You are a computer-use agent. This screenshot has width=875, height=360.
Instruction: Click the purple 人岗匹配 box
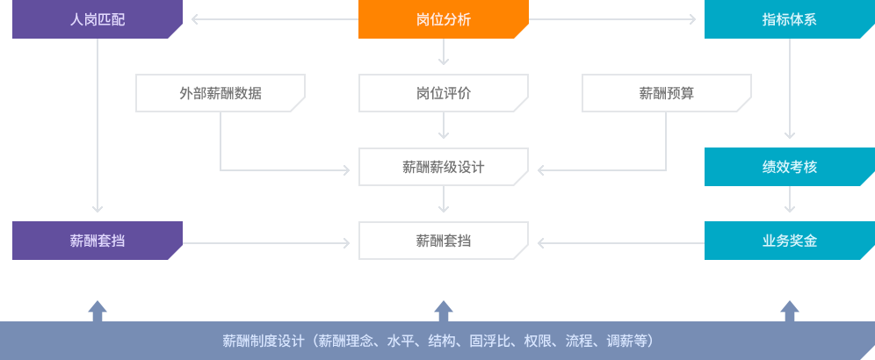(97, 19)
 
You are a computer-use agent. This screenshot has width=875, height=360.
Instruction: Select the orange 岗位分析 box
(444, 19)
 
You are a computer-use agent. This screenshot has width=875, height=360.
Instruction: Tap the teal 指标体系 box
(789, 19)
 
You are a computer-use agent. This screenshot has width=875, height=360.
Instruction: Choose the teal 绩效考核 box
(789, 166)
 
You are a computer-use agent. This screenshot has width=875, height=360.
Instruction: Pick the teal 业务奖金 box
(789, 240)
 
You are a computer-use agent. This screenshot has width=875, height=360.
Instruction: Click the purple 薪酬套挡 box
(97, 240)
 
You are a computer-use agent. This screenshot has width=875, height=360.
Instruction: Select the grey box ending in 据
(221, 93)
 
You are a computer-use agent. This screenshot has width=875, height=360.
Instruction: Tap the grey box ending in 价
(444, 93)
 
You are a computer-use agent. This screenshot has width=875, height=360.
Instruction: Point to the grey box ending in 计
(444, 166)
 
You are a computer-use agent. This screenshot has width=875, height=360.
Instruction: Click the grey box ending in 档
(444, 240)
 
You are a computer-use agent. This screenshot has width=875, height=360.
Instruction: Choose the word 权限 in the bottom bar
(552, 341)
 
